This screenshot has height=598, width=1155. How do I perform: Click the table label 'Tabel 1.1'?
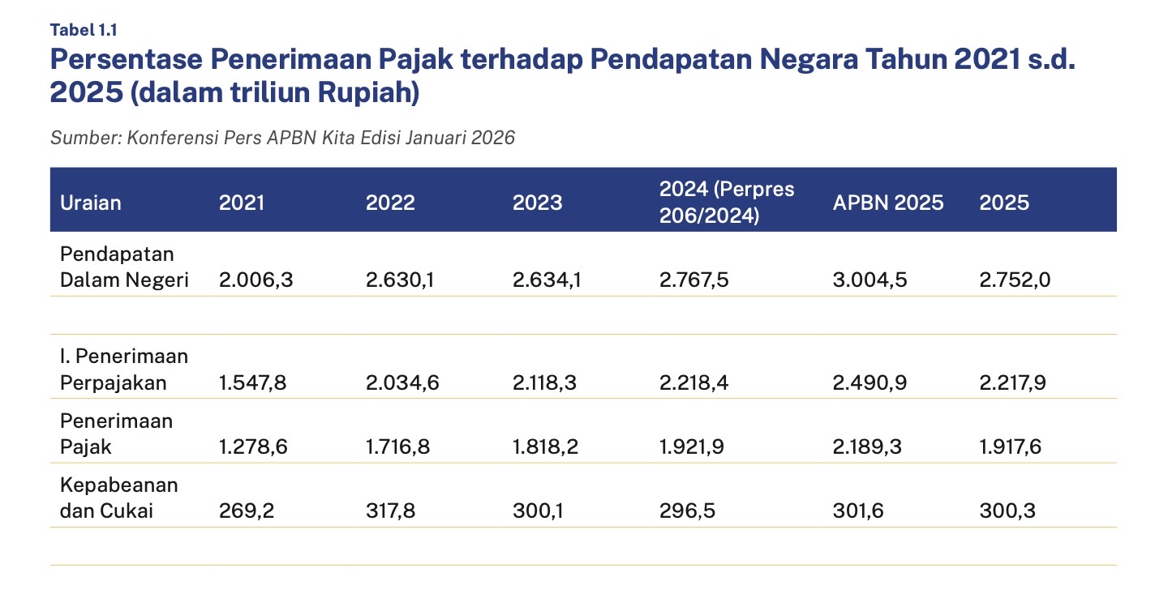click(84, 30)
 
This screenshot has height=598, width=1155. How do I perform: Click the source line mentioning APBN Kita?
click(282, 138)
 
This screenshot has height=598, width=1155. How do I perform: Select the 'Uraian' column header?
click(91, 202)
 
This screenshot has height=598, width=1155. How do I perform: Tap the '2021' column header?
click(242, 202)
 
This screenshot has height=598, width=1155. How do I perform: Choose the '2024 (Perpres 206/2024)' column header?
click(727, 202)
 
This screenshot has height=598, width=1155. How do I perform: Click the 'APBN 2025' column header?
click(888, 202)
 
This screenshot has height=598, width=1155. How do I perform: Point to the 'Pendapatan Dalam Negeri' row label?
click(124, 267)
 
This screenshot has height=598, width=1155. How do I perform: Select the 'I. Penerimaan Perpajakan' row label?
click(124, 369)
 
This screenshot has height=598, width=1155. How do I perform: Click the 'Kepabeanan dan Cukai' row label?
click(119, 498)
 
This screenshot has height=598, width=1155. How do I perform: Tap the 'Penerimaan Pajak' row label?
click(116, 434)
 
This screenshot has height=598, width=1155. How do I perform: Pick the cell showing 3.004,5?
click(869, 280)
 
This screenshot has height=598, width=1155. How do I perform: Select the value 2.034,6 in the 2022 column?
click(402, 382)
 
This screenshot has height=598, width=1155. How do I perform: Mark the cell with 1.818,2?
click(545, 446)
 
